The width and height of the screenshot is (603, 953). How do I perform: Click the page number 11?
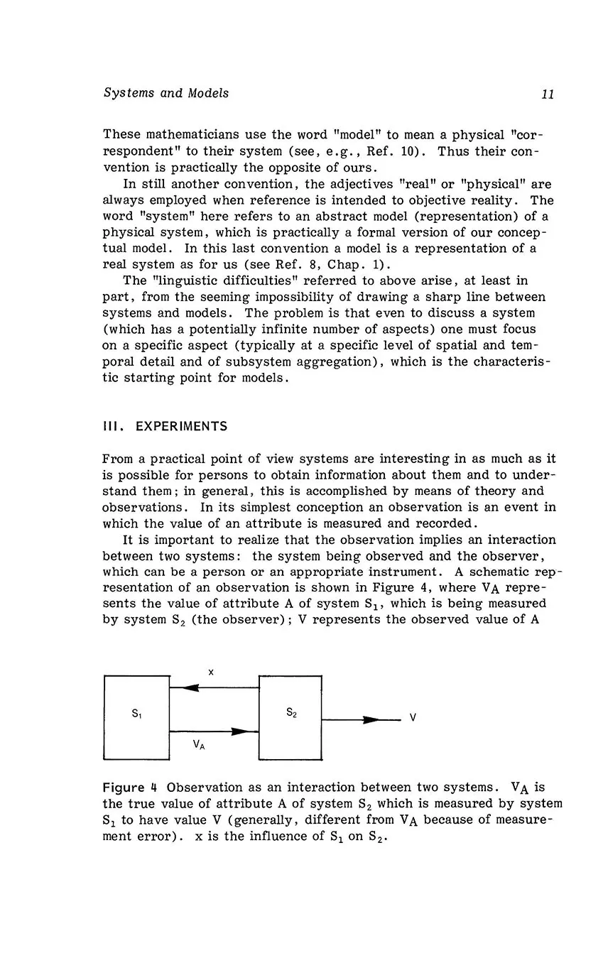[547, 94]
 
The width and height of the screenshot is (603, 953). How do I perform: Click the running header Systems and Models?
[166, 93]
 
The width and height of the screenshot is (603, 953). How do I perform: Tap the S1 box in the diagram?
[136, 717]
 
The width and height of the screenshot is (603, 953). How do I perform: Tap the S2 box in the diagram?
[290, 717]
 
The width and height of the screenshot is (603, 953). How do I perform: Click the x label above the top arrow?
[211, 670]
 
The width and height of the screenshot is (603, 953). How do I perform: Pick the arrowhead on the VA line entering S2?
[244, 730]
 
